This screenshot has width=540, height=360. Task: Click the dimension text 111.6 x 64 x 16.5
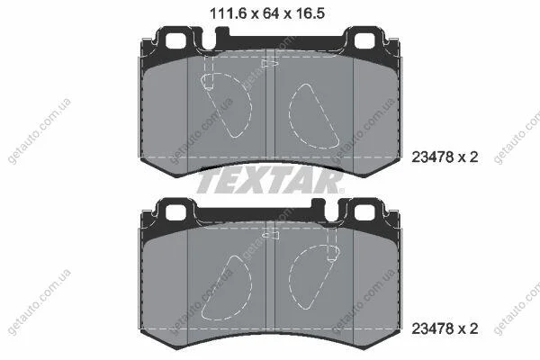pyautogui.click(x=267, y=13)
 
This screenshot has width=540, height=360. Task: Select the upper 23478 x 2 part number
pyautogui.click(x=445, y=157)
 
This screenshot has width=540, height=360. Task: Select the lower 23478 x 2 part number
pyautogui.click(x=445, y=328)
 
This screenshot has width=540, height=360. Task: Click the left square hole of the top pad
pyautogui.click(x=175, y=41)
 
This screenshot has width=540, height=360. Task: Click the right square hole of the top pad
pyautogui.click(x=364, y=41)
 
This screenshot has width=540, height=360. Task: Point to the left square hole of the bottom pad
pyautogui.click(x=175, y=212)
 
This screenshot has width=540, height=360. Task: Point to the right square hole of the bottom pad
pyautogui.click(x=364, y=212)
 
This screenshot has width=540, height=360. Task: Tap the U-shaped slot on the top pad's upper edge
pyautogui.click(x=209, y=40)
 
